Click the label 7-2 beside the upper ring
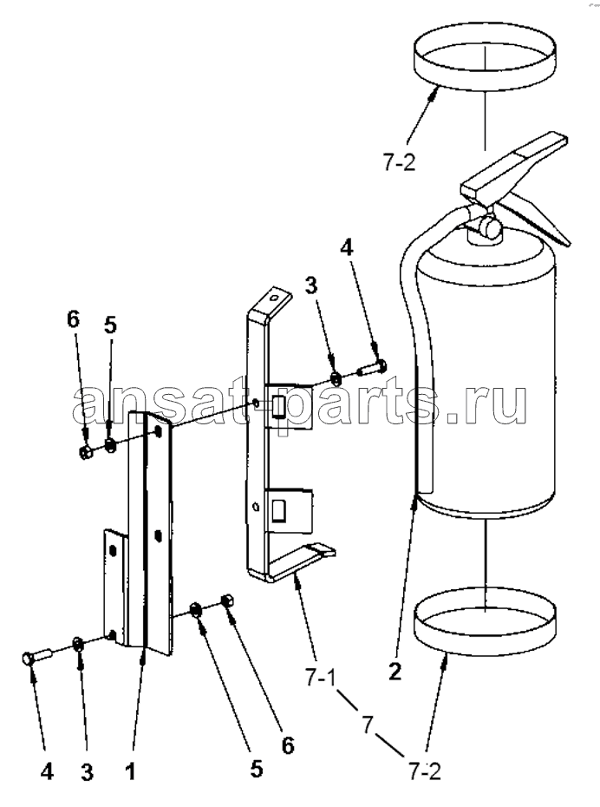click(399, 164)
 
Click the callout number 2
click(395, 672)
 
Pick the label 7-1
click(320, 679)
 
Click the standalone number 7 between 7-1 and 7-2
click(367, 725)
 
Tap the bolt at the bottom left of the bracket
click(37, 656)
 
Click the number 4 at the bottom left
click(47, 771)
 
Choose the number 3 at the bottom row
click(87, 771)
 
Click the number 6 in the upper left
click(74, 319)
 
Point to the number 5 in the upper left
click(110, 325)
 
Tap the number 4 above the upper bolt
click(347, 248)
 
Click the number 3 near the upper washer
click(311, 285)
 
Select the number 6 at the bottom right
click(287, 745)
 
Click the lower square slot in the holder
click(279, 510)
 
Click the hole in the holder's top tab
click(275, 298)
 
